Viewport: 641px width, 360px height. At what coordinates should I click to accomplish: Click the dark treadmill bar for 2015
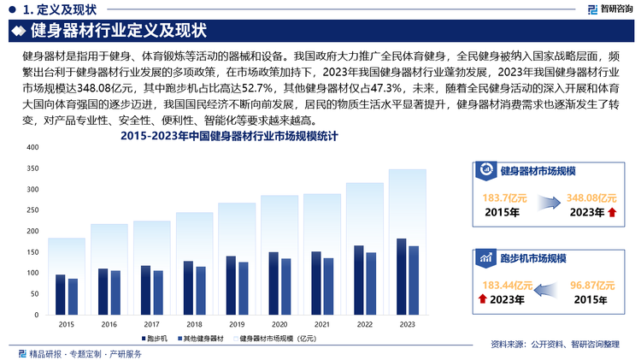60,296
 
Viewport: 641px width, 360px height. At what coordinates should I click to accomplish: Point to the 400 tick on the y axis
33,147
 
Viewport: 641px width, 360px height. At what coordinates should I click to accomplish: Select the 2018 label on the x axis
194,324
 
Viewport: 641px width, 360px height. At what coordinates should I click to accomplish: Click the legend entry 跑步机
155,340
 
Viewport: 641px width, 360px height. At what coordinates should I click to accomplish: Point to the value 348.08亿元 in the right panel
591,198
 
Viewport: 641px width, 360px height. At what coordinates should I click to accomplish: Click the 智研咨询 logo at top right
609,9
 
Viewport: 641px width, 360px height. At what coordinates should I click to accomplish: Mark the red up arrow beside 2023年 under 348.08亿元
610,212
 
